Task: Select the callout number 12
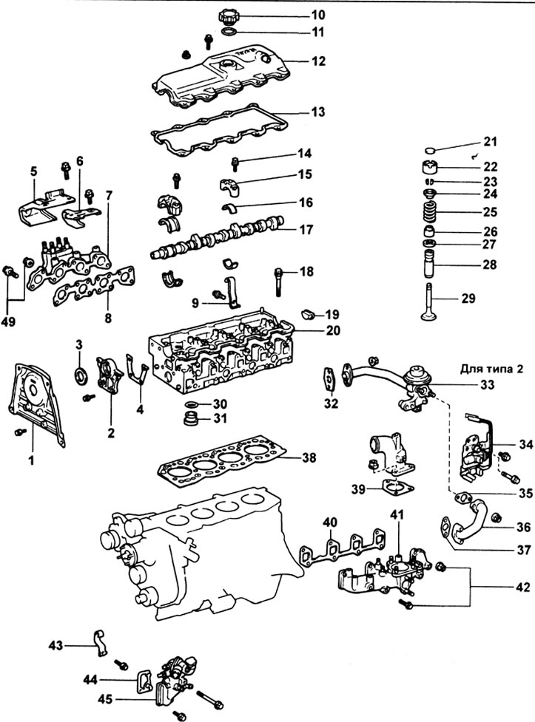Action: tap(318, 62)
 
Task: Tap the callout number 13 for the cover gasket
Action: tap(318, 113)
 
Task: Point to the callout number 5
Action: tap(33, 171)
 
